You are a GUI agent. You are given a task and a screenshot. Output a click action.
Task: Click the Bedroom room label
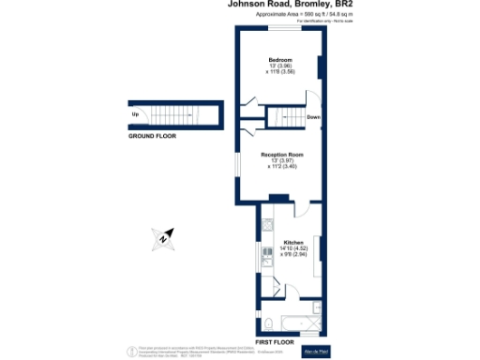(x=280, y=60)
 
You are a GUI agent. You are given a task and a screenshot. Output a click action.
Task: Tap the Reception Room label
(x=282, y=154)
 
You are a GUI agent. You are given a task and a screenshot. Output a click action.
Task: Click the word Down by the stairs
(x=313, y=118)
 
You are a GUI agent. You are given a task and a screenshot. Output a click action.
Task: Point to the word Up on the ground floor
(x=136, y=115)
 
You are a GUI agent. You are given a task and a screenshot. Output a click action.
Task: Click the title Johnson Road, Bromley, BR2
(x=281, y=5)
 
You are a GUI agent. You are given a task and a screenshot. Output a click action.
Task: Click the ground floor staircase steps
(x=182, y=115)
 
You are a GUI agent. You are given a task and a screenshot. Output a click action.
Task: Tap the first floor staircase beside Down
(x=286, y=116)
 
